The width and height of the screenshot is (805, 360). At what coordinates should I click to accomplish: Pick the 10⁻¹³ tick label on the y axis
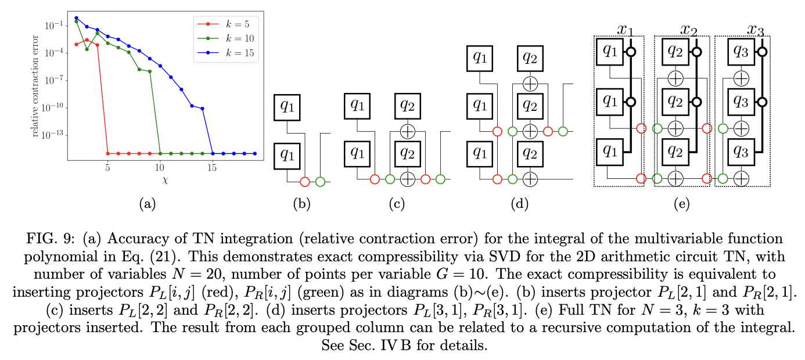pyautogui.click(x=53, y=135)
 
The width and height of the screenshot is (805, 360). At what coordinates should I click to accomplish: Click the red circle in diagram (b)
pyautogui.click(x=306, y=182)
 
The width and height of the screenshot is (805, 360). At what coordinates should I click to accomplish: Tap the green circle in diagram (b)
pyautogui.click(x=320, y=182)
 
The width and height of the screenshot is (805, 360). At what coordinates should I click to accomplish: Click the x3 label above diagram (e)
pyautogui.click(x=755, y=28)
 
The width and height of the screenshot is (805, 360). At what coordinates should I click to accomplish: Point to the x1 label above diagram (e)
pyautogui.click(x=626, y=28)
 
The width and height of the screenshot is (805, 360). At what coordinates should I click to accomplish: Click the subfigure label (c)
pyautogui.click(x=398, y=204)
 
